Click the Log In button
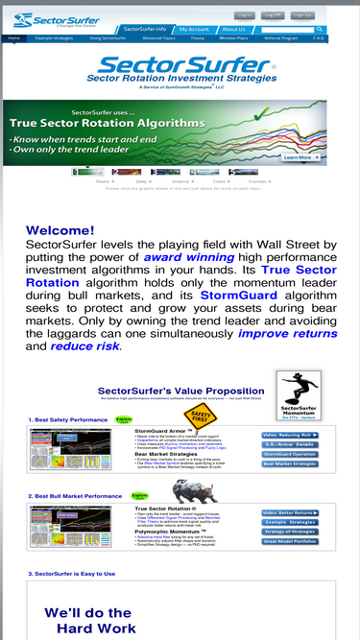click(245, 15)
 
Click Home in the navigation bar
click(14, 38)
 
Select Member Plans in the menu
click(233, 38)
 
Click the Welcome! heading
click(60, 230)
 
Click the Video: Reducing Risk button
click(290, 435)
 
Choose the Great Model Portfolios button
click(290, 542)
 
